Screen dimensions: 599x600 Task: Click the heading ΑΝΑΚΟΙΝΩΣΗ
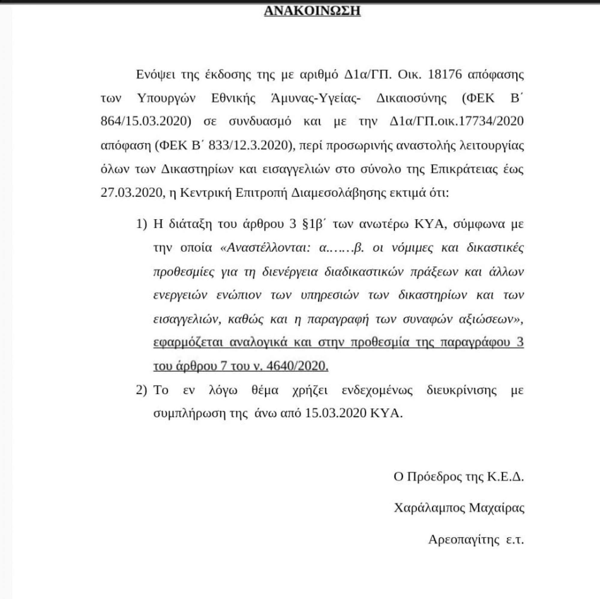(312, 10)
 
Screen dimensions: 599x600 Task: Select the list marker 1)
(141, 224)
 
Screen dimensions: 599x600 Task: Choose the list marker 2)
(141, 390)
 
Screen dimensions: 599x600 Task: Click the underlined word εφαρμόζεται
(188, 342)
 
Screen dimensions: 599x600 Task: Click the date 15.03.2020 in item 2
(335, 413)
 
